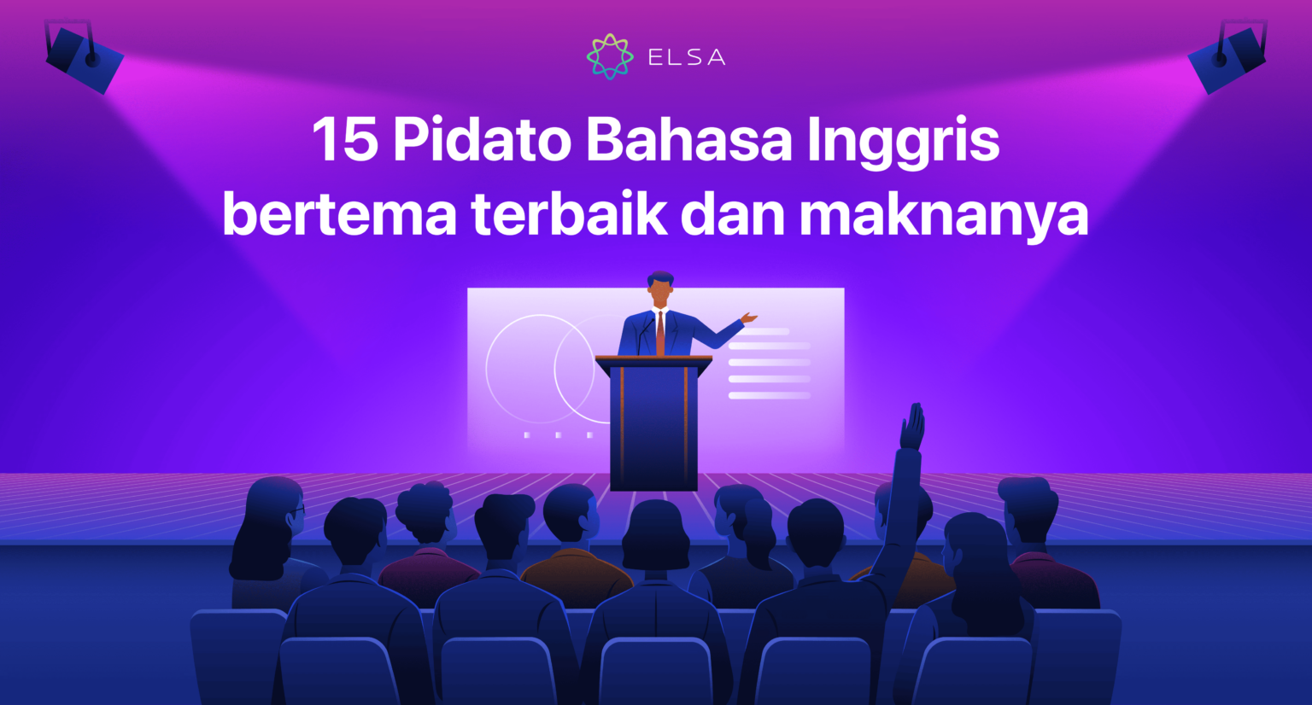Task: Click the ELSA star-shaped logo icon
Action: pyautogui.click(x=610, y=56)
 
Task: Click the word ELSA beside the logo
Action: pyautogui.click(x=686, y=58)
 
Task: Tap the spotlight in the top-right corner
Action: pyautogui.click(x=1228, y=56)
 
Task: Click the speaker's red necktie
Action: pyautogui.click(x=660, y=332)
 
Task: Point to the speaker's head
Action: pyautogui.click(x=659, y=288)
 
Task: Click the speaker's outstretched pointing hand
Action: pyautogui.click(x=748, y=318)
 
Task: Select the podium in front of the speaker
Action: pyautogui.click(x=653, y=422)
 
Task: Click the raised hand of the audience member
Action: pyautogui.click(x=913, y=427)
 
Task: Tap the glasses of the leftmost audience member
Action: pyautogui.click(x=296, y=510)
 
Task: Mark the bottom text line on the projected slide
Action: pyautogui.click(x=769, y=395)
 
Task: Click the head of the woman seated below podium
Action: pyautogui.click(x=655, y=533)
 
